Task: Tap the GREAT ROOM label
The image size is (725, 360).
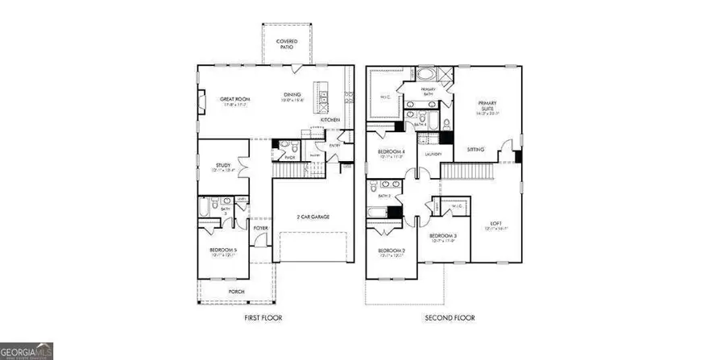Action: [235, 100]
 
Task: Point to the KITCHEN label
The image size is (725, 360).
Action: [330, 120]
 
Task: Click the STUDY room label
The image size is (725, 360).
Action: [223, 166]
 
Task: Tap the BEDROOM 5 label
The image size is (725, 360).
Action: [223, 251]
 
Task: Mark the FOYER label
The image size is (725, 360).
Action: [260, 228]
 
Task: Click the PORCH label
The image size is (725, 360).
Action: [236, 291]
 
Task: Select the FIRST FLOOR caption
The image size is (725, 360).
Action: [263, 318]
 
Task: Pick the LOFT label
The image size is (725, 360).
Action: [497, 224]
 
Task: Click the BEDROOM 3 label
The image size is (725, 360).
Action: [445, 236]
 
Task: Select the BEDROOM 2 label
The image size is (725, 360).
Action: [391, 251]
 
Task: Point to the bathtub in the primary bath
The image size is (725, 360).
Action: [427, 76]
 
